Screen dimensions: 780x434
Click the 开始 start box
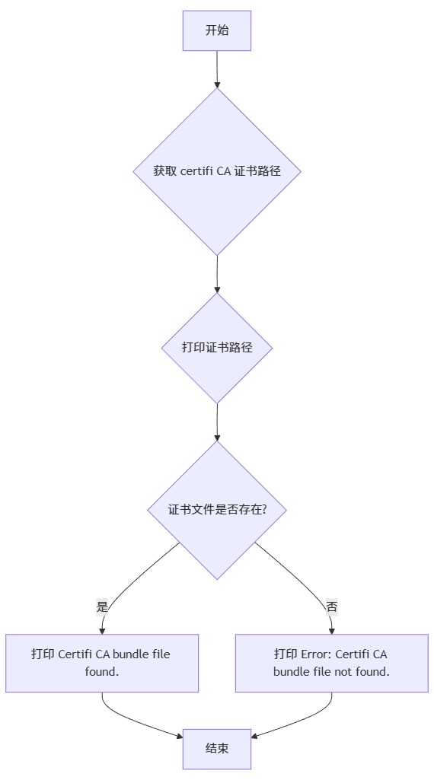click(217, 30)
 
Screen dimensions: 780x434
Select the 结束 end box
click(217, 749)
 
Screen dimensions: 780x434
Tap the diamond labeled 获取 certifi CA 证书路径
click(217, 171)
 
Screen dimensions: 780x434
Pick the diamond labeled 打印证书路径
click(217, 348)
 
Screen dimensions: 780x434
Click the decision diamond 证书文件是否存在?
click(217, 510)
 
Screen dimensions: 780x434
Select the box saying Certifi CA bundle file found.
click(102, 663)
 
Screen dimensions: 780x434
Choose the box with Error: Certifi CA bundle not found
click(331, 663)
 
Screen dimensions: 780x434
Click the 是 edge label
click(103, 606)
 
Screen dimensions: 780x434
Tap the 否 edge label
click(332, 606)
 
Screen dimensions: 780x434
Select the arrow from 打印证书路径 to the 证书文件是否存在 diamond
click(217, 423)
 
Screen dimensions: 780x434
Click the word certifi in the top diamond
click(197, 171)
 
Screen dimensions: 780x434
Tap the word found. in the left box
click(102, 672)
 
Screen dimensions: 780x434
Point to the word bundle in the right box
click(291, 672)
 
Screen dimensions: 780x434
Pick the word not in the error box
click(343, 672)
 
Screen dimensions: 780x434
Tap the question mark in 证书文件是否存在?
click(263, 510)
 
